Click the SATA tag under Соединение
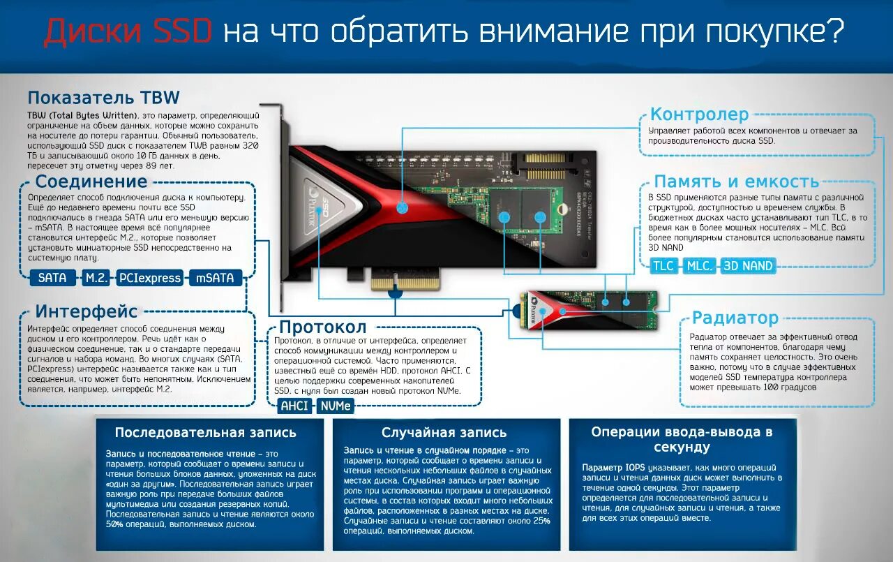[52, 278]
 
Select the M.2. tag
[96, 278]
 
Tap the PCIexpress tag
[150, 278]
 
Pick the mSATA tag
[216, 278]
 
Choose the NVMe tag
[336, 406]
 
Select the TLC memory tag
[663, 266]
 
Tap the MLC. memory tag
[699, 266]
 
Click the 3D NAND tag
[748, 266]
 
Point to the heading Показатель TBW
[103, 97]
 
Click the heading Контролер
[699, 114]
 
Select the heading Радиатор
[735, 318]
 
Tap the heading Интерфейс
[87, 311]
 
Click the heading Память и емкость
[736, 182]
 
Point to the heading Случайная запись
[444, 433]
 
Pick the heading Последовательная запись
[206, 432]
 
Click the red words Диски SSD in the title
[128, 32]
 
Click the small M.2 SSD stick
[590, 310]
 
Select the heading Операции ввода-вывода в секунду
[682, 439]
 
